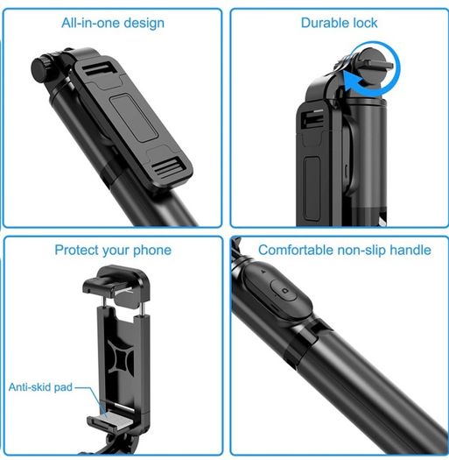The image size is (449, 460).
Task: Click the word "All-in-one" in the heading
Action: pos(90,23)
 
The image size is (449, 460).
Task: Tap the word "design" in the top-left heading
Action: pos(144,24)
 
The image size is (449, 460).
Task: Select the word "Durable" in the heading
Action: pos(325,23)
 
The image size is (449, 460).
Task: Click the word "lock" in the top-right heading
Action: pos(365,23)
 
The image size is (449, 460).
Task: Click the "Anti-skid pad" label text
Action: pos(40,387)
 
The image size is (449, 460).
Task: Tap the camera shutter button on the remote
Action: pos(283,290)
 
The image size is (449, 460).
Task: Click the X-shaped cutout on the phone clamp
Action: pos(121,357)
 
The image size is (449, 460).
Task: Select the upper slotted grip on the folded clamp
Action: pos(97,68)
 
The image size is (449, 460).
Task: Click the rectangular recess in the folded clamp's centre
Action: pos(134,118)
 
